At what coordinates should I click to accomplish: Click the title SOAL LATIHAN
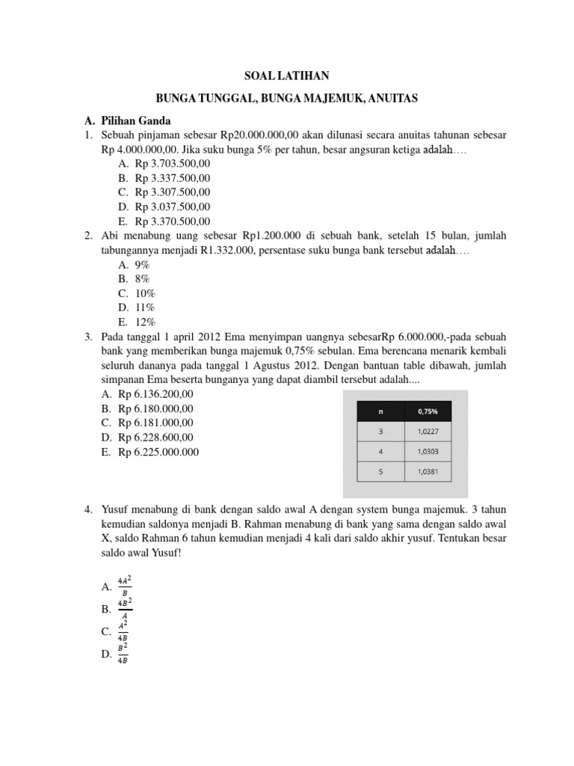287,76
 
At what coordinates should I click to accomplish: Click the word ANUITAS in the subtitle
389,98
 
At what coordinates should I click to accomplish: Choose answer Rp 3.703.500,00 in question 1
173,164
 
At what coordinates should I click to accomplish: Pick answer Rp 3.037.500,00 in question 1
173,206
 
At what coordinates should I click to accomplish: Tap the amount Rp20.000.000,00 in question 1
259,135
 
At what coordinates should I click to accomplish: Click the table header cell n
381,411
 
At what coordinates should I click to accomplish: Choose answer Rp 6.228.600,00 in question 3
155,438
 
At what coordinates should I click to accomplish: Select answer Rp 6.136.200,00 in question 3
155,394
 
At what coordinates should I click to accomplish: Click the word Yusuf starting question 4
115,510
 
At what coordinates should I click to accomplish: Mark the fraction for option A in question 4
124,586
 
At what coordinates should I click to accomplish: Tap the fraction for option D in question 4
124,653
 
